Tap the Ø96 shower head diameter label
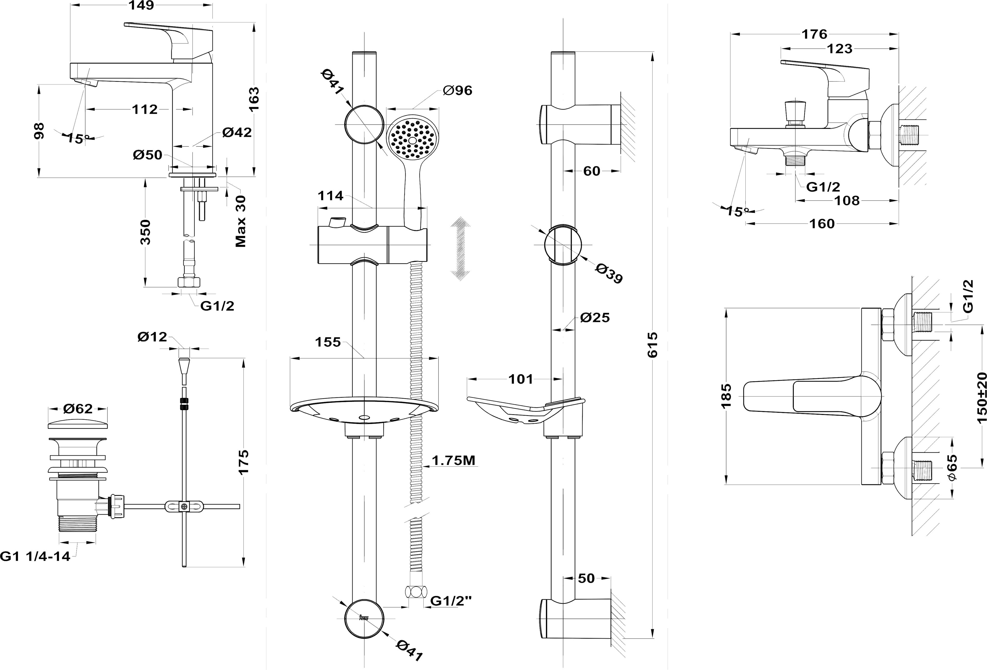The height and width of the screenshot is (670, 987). point(457,90)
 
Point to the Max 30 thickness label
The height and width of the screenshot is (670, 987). point(241,221)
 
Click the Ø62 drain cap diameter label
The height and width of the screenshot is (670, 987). point(78,408)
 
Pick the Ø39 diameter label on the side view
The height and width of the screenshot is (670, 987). point(608,273)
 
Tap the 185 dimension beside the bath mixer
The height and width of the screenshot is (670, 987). point(727,395)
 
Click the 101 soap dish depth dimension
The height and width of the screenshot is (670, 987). point(521,379)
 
